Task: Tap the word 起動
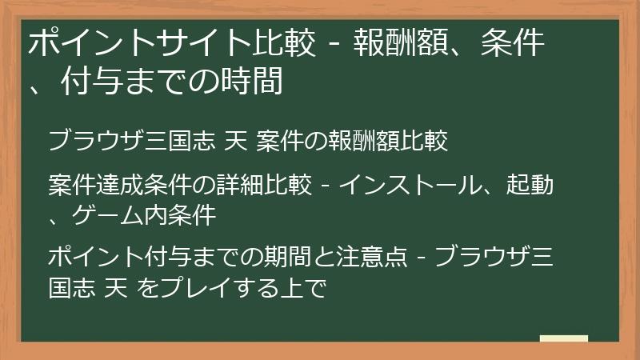coord(534,185)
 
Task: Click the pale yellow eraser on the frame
coord(565,339)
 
